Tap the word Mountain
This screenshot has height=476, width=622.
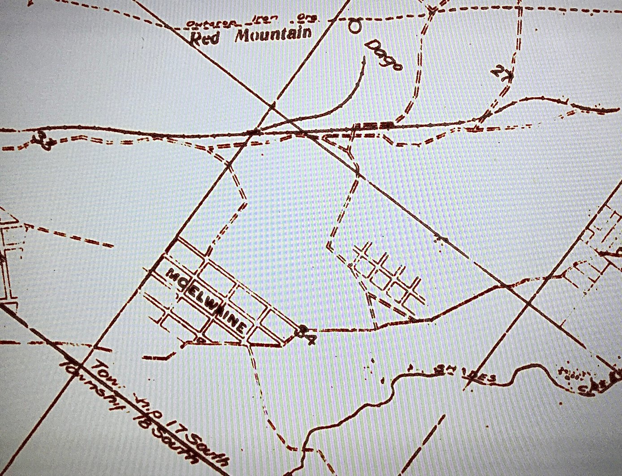273,34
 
